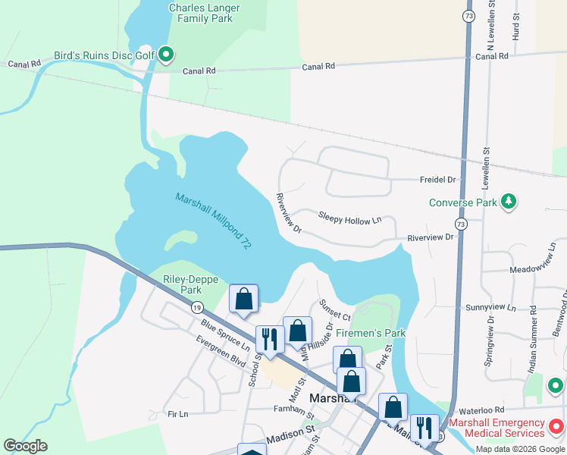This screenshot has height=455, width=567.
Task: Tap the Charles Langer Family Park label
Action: (204, 14)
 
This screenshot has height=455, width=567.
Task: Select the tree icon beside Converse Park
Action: (510, 202)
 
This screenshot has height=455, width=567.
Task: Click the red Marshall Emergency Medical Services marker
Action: (557, 427)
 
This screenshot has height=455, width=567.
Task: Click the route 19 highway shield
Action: (197, 307)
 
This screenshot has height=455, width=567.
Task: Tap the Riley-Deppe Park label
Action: (182, 284)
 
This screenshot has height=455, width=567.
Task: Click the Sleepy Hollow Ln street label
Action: (349, 220)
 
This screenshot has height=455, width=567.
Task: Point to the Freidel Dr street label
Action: (438, 180)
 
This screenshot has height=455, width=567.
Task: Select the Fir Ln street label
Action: (177, 414)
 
